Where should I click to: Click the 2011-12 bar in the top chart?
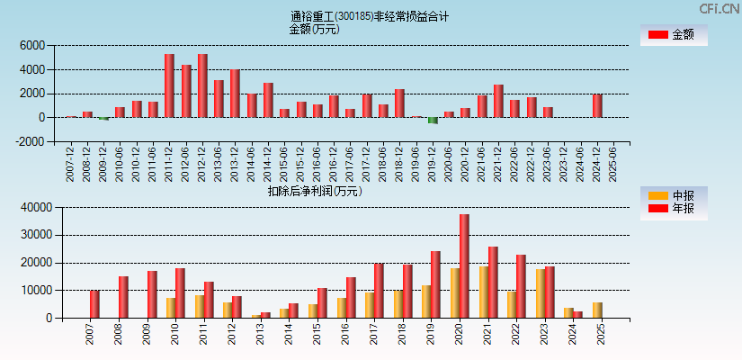pos(169,85)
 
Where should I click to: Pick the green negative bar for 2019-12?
pos(433,120)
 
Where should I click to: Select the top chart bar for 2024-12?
pos(597,106)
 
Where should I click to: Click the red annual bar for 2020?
pos(464,266)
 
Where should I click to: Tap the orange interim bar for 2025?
pos(598,310)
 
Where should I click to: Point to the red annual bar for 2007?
pos(94,304)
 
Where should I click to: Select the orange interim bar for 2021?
pos(484,292)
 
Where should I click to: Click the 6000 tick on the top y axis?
pos(31,45)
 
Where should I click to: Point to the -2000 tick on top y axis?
pos(30,141)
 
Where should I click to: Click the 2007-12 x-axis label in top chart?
pos(72,165)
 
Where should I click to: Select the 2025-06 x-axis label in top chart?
pos(613,165)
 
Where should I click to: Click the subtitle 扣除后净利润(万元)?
pos(315,191)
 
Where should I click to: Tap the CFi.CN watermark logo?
pos(718,8)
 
